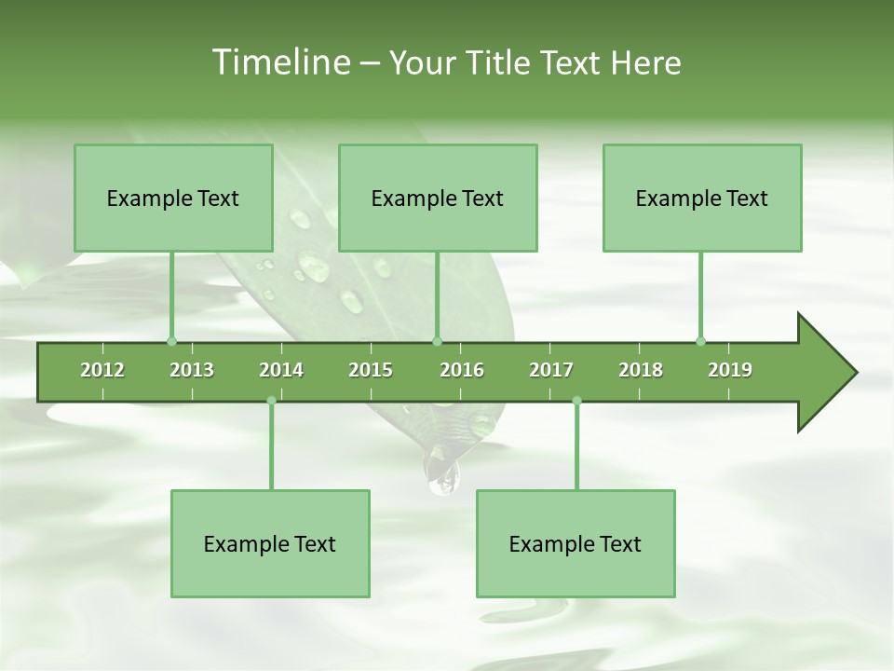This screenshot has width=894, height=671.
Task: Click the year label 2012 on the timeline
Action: tap(102, 370)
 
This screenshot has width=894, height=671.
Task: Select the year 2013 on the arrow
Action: tap(192, 370)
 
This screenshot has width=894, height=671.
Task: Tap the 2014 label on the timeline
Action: tap(281, 370)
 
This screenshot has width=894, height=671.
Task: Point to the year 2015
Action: tap(371, 370)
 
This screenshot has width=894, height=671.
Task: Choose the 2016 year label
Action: tap(462, 370)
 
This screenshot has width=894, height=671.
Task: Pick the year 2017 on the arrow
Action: tap(551, 370)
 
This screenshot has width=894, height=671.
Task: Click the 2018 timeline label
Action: tap(641, 370)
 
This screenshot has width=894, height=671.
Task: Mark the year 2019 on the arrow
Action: tap(730, 370)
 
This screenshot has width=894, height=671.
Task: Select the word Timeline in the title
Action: tap(278, 62)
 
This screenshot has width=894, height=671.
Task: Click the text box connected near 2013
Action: tap(173, 198)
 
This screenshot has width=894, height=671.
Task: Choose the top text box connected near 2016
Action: tap(438, 198)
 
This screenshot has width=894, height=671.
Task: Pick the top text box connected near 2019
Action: tap(702, 198)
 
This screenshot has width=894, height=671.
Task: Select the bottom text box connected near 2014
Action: tap(270, 543)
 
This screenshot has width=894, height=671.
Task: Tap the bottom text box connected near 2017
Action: tap(576, 543)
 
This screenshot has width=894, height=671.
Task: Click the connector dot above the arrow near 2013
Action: tap(171, 341)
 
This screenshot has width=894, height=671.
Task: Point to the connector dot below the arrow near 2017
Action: tap(576, 401)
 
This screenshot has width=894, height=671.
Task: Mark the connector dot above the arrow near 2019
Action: tap(700, 341)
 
